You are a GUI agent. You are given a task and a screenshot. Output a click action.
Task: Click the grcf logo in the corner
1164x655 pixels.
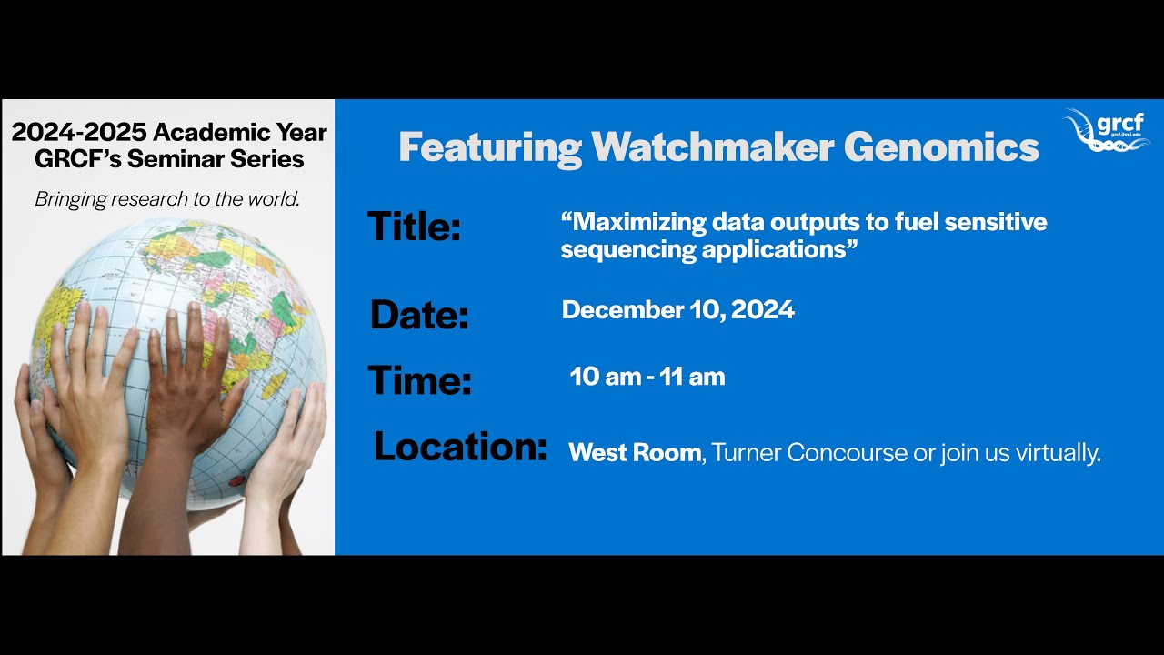tap(1105, 131)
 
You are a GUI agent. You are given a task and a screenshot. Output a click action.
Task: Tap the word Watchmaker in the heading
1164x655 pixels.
tap(712, 147)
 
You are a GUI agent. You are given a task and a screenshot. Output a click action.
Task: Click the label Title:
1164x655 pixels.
tap(414, 226)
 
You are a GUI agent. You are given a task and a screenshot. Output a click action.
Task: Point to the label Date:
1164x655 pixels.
tap(418, 315)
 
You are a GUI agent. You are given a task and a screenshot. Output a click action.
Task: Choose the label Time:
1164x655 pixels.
tap(419, 379)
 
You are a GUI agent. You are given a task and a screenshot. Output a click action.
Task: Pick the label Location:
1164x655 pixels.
tap(460, 447)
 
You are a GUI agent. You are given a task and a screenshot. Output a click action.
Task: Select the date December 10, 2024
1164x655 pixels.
tap(677, 310)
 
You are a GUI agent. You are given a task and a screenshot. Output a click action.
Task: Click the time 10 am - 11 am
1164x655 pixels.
tap(647, 377)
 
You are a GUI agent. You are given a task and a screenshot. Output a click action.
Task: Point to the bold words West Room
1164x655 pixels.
tap(635, 452)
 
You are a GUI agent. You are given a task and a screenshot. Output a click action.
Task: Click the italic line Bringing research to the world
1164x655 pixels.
tap(167, 198)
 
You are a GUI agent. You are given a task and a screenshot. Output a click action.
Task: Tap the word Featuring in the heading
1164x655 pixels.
tap(490, 147)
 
